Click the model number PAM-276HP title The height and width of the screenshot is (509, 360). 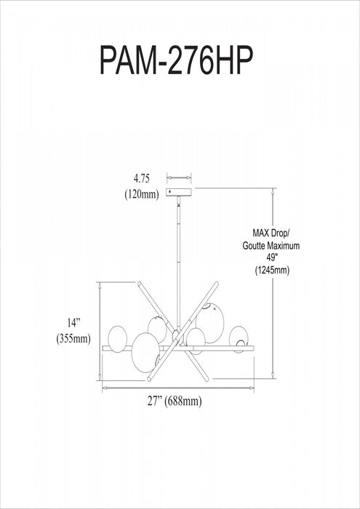(176, 60)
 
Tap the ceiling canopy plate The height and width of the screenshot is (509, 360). (178, 192)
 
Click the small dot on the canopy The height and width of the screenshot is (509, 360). (169, 192)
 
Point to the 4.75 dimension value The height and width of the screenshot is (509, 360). (142, 179)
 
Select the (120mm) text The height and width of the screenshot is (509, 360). (142, 194)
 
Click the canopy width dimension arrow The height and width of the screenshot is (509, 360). (179, 177)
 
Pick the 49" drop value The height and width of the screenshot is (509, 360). (271, 257)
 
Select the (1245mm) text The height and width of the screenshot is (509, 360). (272, 270)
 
